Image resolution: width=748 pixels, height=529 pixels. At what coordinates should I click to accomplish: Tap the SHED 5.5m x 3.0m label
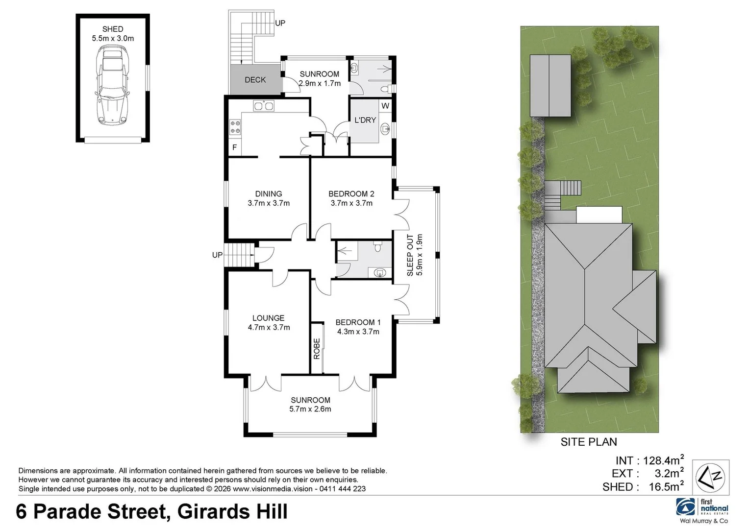pyautogui.click(x=113, y=33)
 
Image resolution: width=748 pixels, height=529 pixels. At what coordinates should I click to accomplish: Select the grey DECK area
pyautogui.click(x=255, y=80)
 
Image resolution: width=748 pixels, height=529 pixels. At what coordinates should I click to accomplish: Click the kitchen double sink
pyautogui.click(x=263, y=105)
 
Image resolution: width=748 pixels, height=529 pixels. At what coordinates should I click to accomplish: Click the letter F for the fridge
pyautogui.click(x=234, y=147)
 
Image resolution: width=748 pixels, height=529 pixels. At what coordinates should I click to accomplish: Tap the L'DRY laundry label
pyautogui.click(x=365, y=120)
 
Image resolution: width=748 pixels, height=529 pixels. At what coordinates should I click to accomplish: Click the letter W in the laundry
pyautogui.click(x=385, y=106)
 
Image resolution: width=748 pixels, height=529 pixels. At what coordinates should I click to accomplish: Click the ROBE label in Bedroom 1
pyautogui.click(x=317, y=348)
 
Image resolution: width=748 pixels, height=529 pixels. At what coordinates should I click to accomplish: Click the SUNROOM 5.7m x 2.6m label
pyautogui.click(x=310, y=405)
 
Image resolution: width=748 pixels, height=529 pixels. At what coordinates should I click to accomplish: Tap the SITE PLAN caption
pyautogui.click(x=588, y=442)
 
